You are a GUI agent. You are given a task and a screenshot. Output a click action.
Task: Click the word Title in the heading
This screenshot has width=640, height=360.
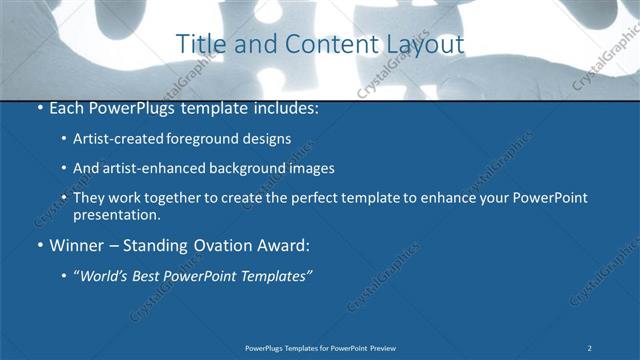198,45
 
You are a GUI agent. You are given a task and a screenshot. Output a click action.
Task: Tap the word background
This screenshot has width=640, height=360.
238,169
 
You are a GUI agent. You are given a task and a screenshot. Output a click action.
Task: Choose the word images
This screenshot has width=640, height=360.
307,169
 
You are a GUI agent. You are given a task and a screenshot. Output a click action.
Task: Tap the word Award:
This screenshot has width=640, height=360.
284,245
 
